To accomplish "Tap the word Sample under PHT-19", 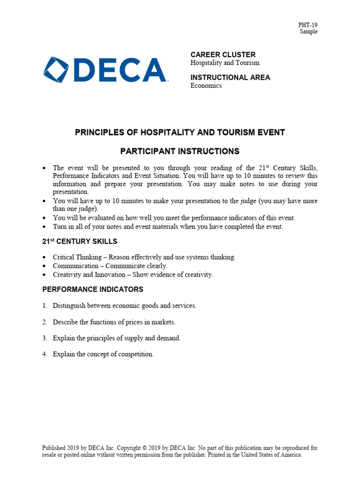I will tap(309, 32).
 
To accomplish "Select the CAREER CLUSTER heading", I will tap(223, 55).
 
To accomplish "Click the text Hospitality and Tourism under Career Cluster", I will tap(225, 63).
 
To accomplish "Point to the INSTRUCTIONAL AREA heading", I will tap(230, 77).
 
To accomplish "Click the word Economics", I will tap(206, 86).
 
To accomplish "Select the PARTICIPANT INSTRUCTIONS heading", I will tap(180, 151).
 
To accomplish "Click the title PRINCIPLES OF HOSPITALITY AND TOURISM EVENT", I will tap(180, 133).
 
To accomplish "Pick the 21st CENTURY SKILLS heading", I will tap(80, 241).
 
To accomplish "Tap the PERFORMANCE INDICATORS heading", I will tap(93, 289).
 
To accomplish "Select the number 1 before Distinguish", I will tap(45, 306).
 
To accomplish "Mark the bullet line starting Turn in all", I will tap(168, 227).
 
